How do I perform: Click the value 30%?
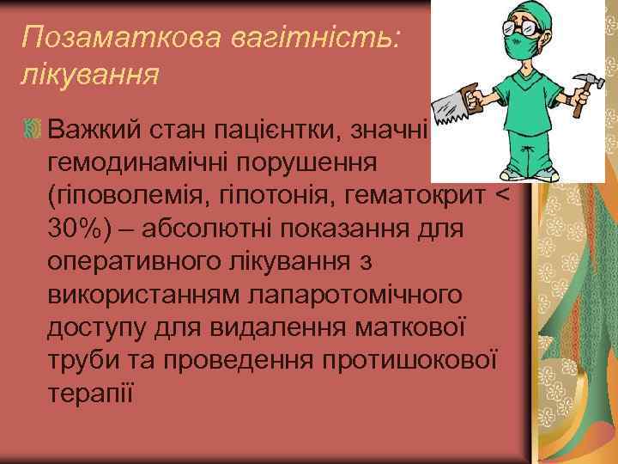(x=74, y=229)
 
